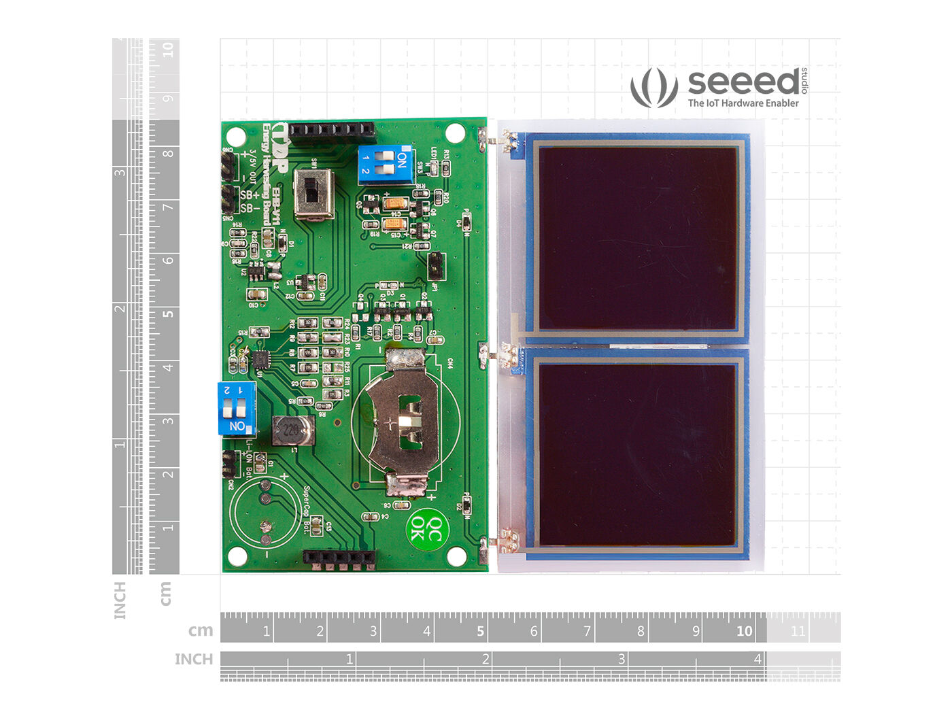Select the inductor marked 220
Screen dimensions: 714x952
[293, 430]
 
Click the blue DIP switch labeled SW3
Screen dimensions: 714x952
[386, 164]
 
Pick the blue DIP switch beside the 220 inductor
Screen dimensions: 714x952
[237, 408]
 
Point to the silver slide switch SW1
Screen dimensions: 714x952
[313, 194]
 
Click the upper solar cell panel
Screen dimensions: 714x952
[637, 239]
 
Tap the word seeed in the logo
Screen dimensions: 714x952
[743, 82]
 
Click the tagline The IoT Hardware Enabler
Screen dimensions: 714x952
[743, 103]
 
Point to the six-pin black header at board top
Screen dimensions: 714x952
[333, 131]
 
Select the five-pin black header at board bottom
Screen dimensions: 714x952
[339, 559]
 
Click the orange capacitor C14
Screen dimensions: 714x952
[394, 203]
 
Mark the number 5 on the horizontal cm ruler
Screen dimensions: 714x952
[480, 631]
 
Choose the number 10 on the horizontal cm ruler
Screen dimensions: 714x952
[744, 631]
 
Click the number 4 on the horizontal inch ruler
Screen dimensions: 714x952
[757, 658]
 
